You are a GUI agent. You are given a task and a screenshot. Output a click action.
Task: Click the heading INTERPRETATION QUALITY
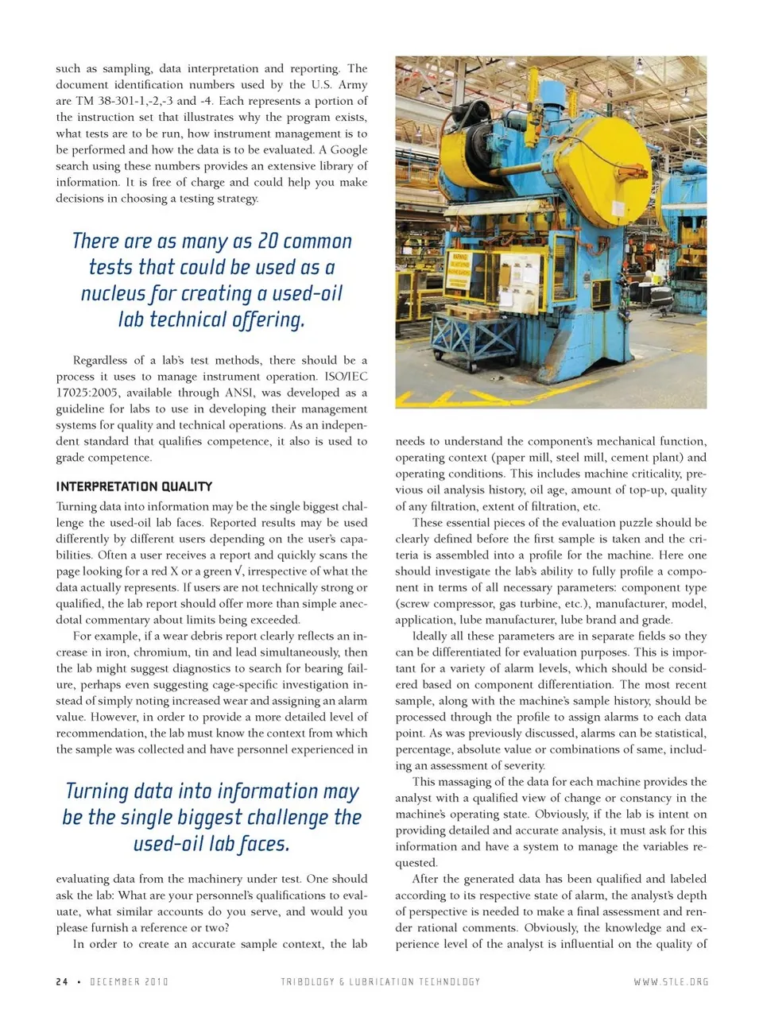[x=134, y=486]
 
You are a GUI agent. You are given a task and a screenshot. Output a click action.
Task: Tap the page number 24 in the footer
[x=62, y=981]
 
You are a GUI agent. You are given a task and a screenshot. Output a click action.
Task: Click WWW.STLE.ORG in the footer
[x=671, y=981]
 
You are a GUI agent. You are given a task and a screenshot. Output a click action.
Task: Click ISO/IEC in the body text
[x=347, y=377]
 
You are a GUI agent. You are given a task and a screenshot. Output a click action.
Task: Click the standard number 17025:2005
[x=87, y=393]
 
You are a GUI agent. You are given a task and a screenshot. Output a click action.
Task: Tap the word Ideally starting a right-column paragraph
[x=429, y=636]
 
